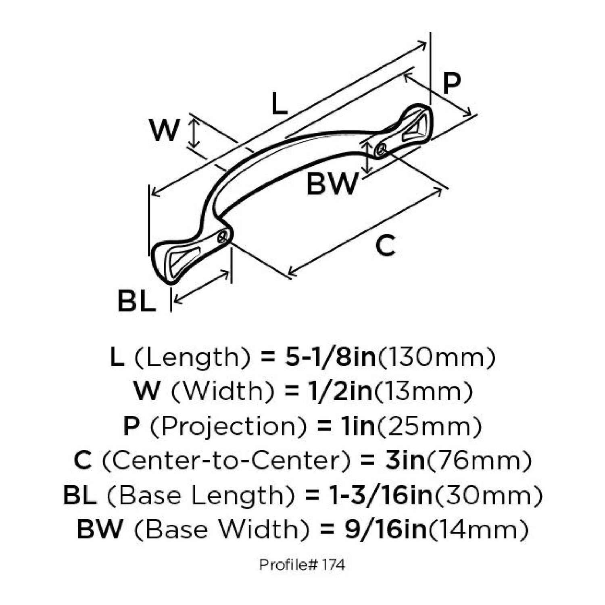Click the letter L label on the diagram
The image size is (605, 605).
pyautogui.click(x=279, y=104)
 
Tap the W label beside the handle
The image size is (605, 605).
pyautogui.click(x=164, y=130)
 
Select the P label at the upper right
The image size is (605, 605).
pyautogui.click(x=451, y=83)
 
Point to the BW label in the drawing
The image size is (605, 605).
pyautogui.click(x=332, y=184)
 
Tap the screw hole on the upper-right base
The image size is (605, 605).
pyautogui.click(x=380, y=150)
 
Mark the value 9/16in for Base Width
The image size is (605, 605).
pyautogui.click(x=386, y=529)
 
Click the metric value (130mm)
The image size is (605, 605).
pyautogui.click(x=437, y=357)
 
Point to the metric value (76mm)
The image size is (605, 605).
pyautogui.click(x=479, y=460)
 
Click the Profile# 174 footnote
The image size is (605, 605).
pyautogui.click(x=302, y=565)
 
